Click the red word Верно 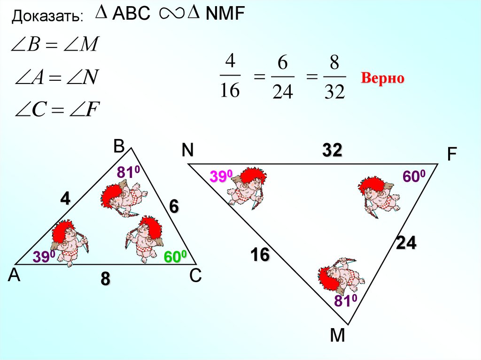[382, 78]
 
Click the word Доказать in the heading [47, 17]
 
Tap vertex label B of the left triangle [118, 147]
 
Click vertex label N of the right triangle [188, 150]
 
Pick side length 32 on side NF [332, 151]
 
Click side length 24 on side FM [406, 243]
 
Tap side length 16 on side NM [260, 255]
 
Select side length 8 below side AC [105, 279]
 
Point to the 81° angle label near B [129, 173]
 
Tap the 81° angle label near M [346, 300]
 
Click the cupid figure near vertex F [379, 195]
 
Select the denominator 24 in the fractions [283, 91]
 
